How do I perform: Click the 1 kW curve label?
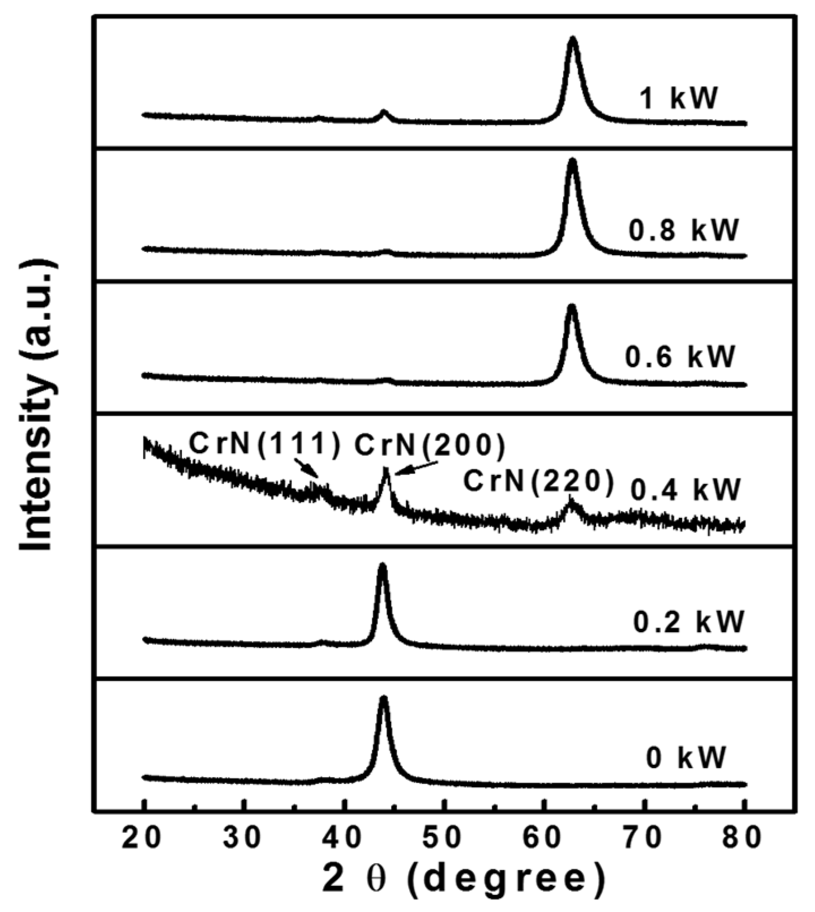[x=678, y=98]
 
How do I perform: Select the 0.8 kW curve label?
[x=684, y=230]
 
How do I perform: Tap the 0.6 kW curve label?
[x=680, y=357]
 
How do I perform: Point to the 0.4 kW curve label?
[x=685, y=490]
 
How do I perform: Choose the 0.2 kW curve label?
[x=688, y=622]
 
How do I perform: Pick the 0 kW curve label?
[x=686, y=757]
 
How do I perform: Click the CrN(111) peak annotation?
[x=265, y=444]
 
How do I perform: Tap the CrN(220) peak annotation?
[x=538, y=482]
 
